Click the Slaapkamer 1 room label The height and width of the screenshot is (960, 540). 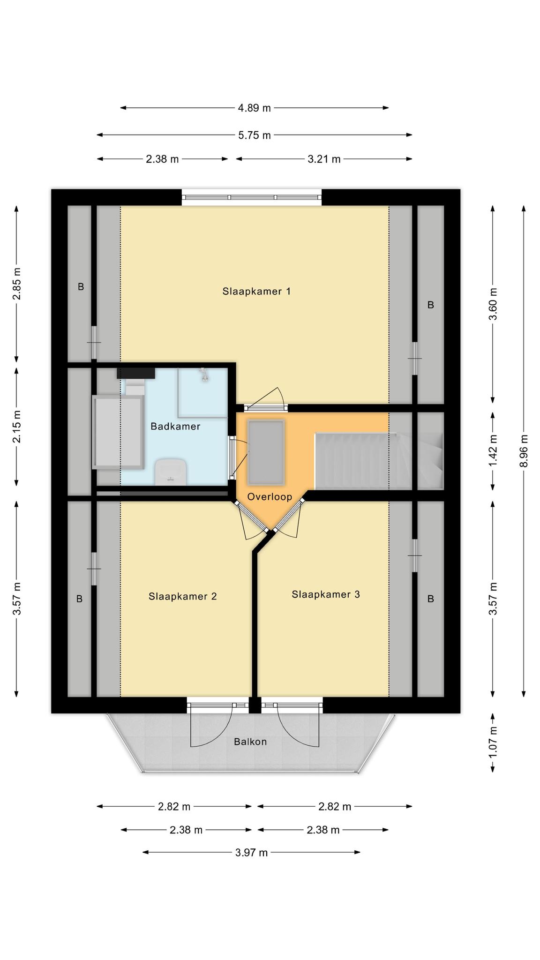point(256,292)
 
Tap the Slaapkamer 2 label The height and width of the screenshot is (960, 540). point(182,596)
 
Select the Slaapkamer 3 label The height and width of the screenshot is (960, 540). point(326,594)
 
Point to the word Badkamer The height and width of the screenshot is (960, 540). point(175,427)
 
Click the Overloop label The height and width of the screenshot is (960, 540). point(270,497)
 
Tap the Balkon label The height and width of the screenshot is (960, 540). point(250,742)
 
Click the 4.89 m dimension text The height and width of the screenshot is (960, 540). point(254,108)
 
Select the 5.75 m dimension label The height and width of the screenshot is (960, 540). point(254,135)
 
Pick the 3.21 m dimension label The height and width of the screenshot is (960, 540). point(324,159)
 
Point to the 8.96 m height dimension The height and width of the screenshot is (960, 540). point(524,450)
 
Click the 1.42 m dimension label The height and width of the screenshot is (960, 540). point(493,451)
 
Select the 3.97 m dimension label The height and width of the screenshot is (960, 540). point(251,852)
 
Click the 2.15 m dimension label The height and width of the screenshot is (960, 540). point(16,427)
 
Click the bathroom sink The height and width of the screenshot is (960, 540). point(171,472)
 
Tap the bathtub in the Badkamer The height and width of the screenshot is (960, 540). point(118,432)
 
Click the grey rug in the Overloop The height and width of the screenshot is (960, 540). point(266,452)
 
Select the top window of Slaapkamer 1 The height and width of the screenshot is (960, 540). point(252,197)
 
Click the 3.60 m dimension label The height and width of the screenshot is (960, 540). point(493,304)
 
